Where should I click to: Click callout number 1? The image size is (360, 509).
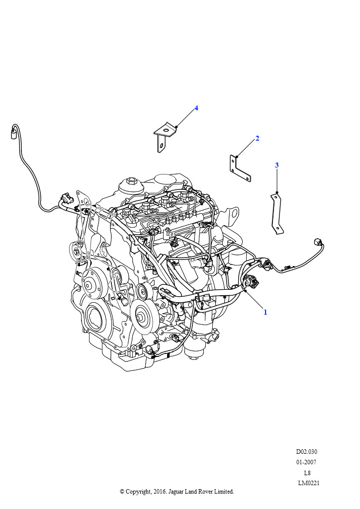(265, 312)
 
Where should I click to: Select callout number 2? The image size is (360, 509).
(258, 139)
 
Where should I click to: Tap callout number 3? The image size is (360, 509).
(277, 165)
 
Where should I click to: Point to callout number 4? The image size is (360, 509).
(196, 108)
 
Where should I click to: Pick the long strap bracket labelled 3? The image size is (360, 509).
(277, 213)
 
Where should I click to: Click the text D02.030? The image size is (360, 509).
(306, 451)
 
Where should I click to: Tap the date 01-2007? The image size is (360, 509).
(306, 462)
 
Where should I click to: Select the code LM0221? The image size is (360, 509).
(309, 483)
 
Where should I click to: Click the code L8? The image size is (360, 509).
(307, 473)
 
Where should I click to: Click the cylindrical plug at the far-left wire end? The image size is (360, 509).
(14, 133)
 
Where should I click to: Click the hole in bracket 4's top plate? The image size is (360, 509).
(166, 131)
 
